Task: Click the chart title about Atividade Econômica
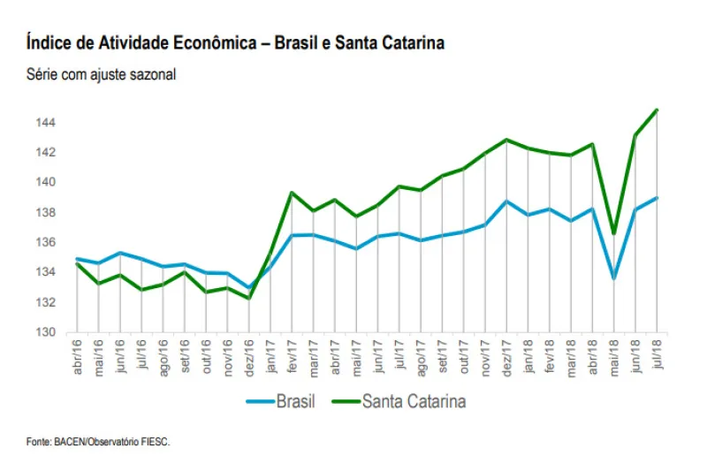click(x=235, y=42)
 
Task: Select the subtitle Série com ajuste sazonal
click(x=102, y=75)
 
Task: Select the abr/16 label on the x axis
click(x=77, y=356)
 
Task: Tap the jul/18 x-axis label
click(x=657, y=355)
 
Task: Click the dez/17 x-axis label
click(x=506, y=356)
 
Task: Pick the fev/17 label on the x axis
click(x=292, y=356)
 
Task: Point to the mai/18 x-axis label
click(x=614, y=356)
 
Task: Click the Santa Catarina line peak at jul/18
click(x=657, y=110)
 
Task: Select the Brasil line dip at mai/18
click(x=614, y=278)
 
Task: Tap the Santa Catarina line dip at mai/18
click(x=614, y=234)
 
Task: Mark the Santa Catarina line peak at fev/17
click(x=292, y=193)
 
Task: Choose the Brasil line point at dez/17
click(x=506, y=201)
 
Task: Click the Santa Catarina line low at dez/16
click(x=248, y=298)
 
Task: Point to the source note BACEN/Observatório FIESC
click(x=96, y=441)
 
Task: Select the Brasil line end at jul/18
click(x=657, y=198)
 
